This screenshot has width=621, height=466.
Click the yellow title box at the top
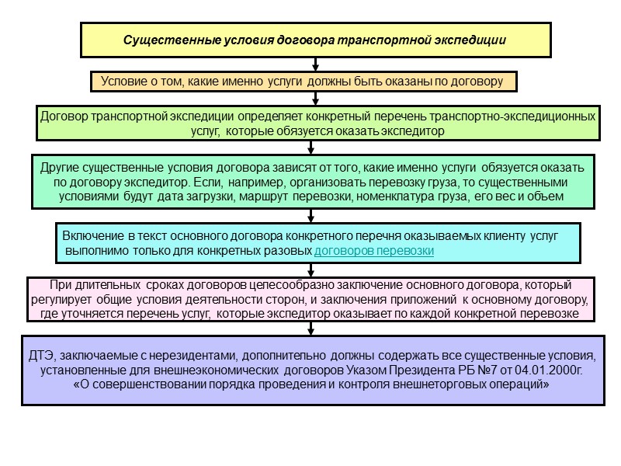click(315, 40)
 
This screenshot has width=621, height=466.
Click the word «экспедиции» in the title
click(471, 40)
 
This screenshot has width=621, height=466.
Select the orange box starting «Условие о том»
click(304, 81)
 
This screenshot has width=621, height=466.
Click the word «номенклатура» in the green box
click(403, 196)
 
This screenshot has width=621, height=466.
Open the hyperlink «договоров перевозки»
click(373, 251)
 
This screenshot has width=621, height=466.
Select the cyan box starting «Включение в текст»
click(317, 242)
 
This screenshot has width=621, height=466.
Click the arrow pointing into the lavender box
click(311, 329)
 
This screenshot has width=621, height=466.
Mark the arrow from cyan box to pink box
click(311, 270)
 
